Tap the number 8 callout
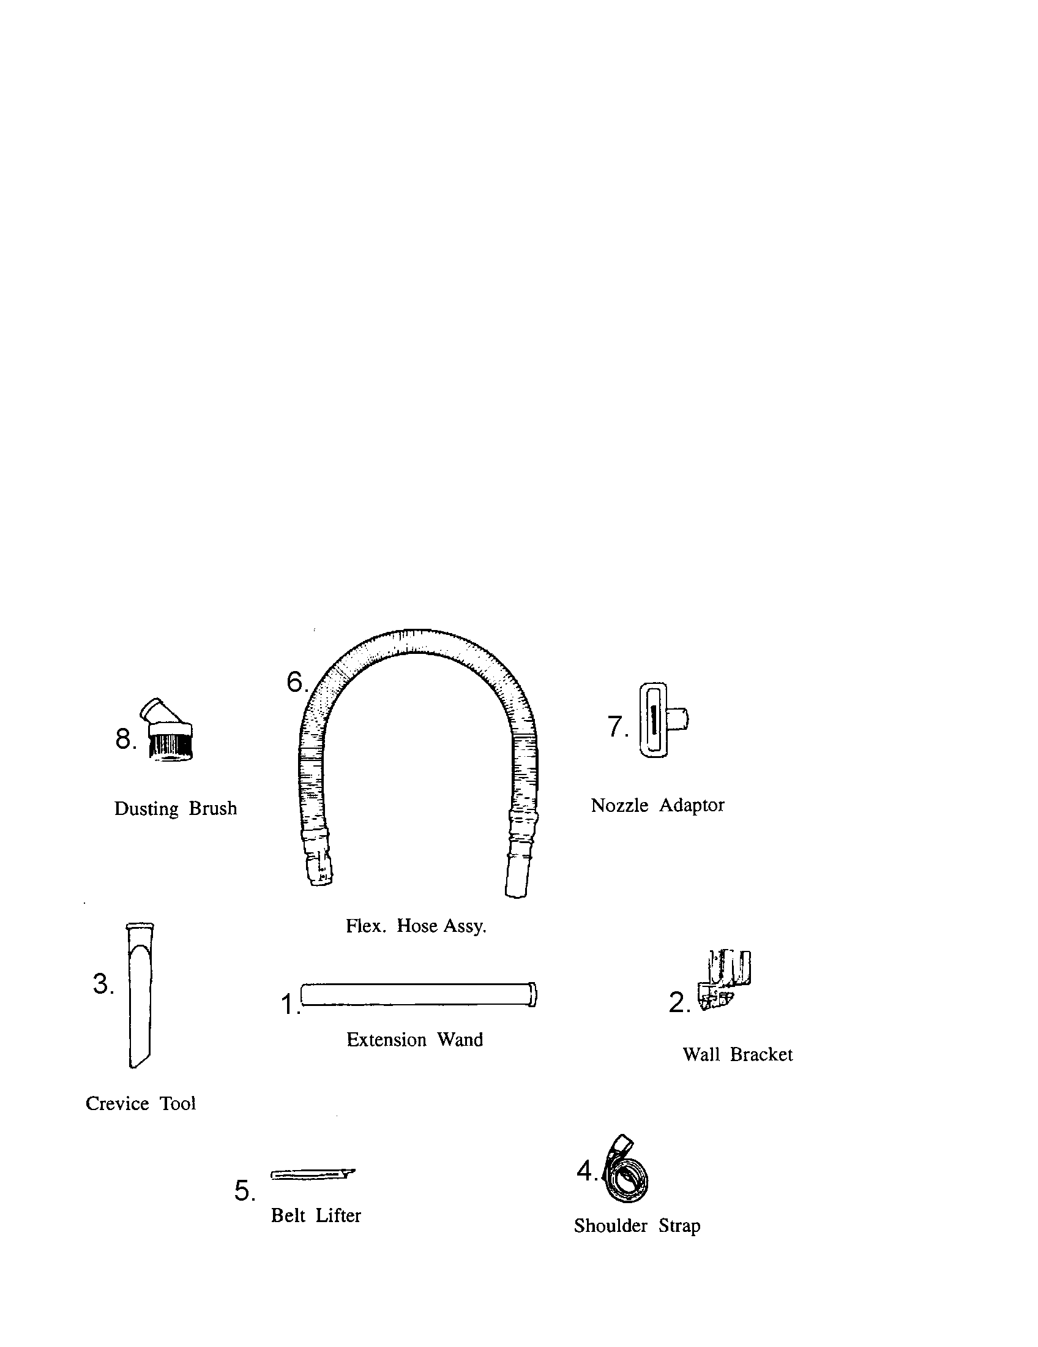point(125,739)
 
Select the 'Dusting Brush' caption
point(176,809)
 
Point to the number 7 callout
point(618,727)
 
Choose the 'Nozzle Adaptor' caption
point(658,806)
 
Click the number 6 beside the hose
point(297,682)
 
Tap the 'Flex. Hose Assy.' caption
point(416,926)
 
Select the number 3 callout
point(103,984)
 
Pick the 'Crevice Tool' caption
point(141,1103)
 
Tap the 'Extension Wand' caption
point(415,1040)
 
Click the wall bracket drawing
point(725,980)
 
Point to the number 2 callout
point(679,1003)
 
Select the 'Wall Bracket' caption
point(738,1055)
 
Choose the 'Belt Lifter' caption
point(316,1215)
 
